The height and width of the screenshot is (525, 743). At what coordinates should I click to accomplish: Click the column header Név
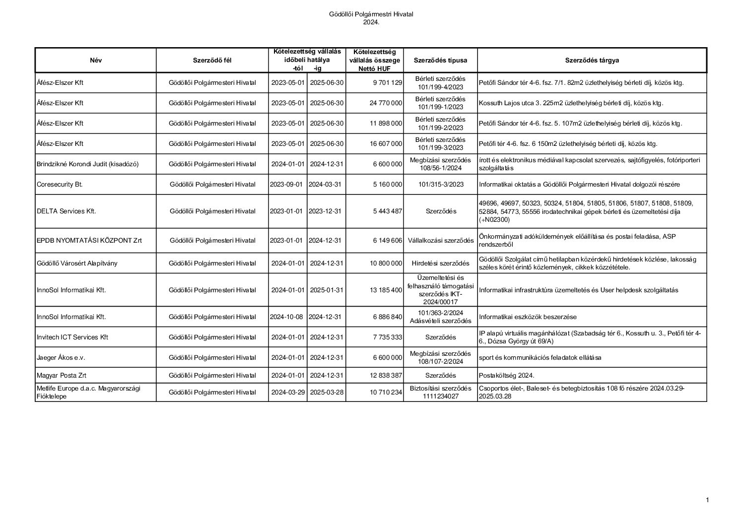(96, 61)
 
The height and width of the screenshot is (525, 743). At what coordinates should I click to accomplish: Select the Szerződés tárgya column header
(592, 61)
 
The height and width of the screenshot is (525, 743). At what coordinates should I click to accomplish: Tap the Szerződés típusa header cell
(440, 61)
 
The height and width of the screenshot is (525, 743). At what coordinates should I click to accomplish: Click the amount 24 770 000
(386, 103)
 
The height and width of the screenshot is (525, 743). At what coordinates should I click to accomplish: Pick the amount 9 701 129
(387, 83)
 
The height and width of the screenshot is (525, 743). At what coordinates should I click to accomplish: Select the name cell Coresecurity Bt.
(60, 185)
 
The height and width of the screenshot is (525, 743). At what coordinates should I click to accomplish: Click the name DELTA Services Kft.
(66, 211)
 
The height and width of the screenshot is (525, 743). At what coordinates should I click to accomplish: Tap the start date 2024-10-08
(287, 317)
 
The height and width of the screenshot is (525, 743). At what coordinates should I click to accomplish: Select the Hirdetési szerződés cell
(440, 263)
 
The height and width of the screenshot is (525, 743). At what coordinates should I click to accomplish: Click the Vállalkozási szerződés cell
(440, 241)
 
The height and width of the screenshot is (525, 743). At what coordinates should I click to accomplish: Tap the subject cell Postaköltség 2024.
(507, 376)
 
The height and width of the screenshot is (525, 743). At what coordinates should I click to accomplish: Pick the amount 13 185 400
(386, 290)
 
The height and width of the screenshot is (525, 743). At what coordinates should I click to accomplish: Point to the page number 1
(707, 500)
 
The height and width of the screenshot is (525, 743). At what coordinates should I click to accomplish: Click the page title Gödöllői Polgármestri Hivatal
(371, 14)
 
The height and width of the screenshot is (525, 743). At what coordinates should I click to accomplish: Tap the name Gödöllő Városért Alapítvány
(77, 263)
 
